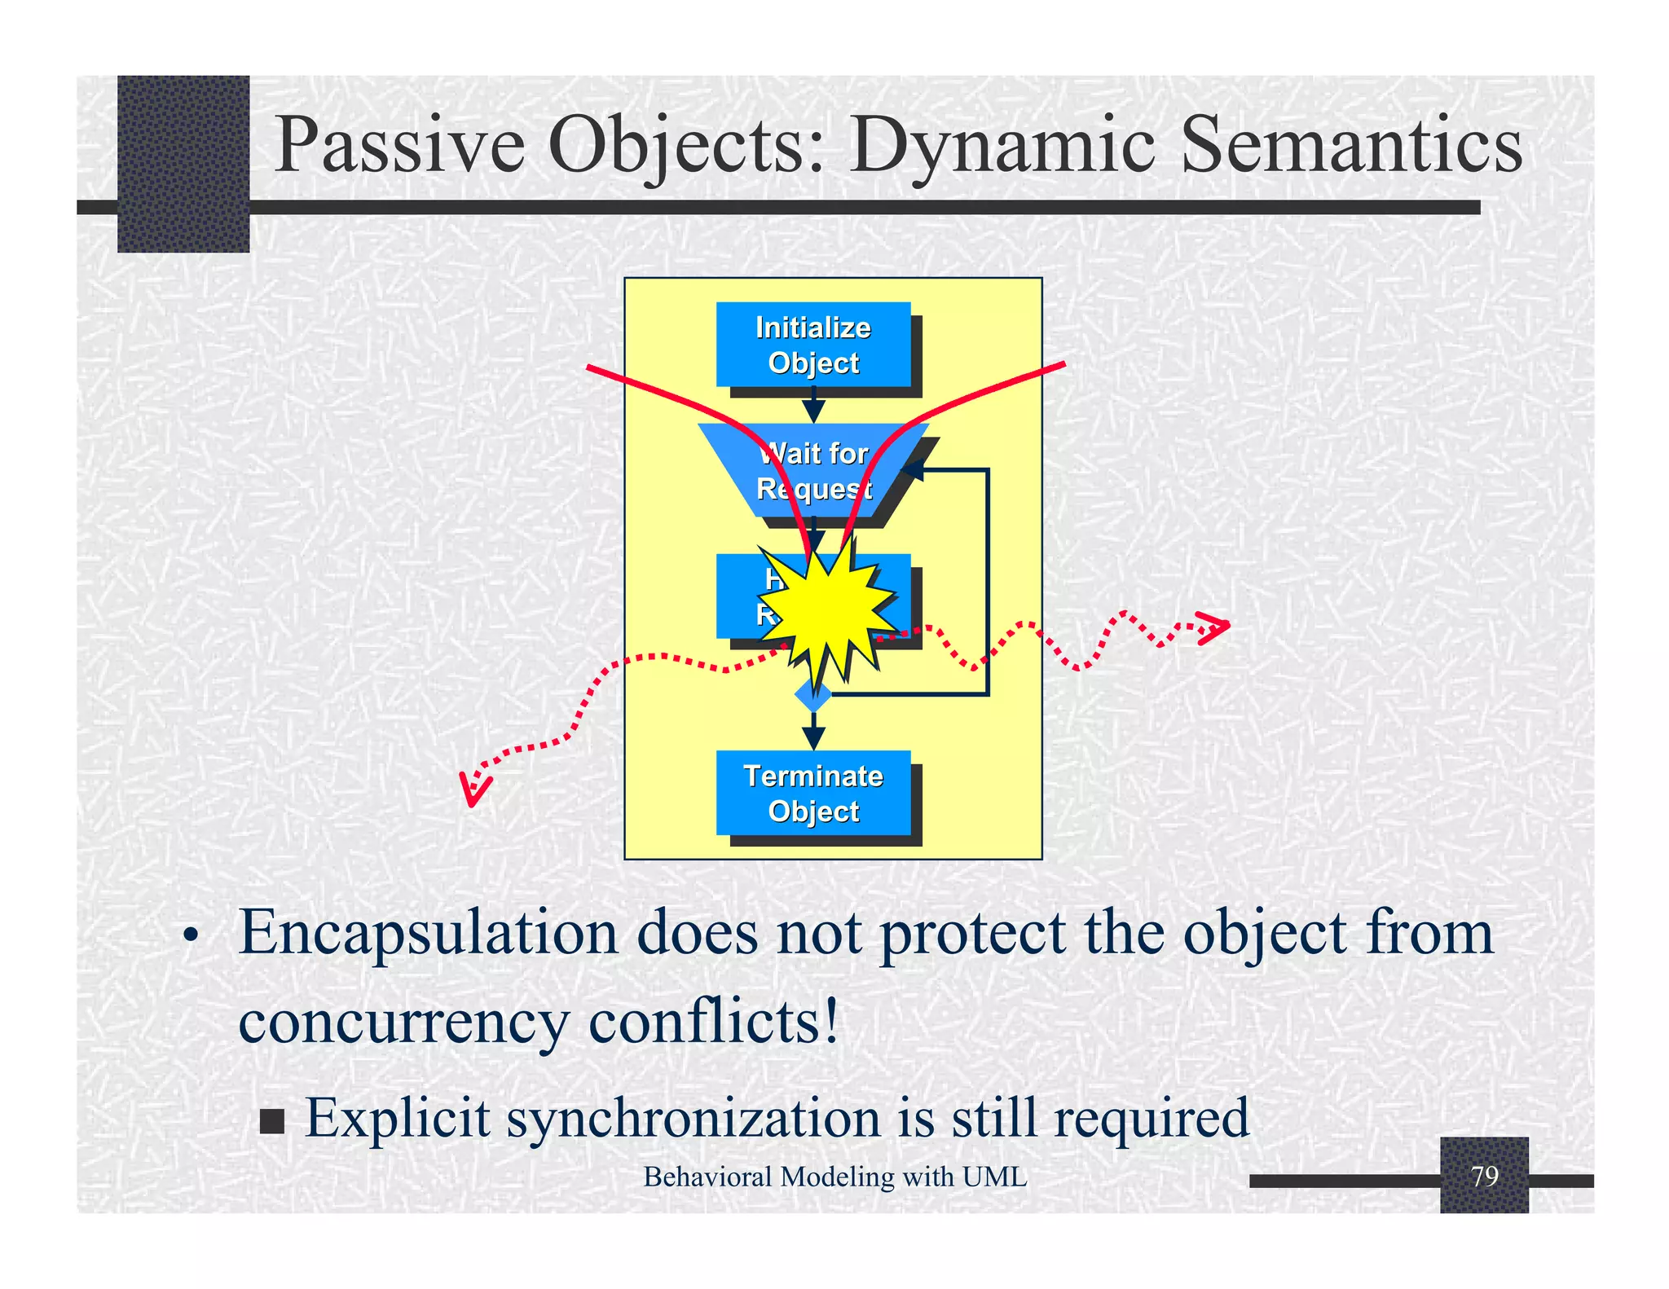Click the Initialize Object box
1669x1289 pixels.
[x=813, y=344]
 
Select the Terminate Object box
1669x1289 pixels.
[x=813, y=793]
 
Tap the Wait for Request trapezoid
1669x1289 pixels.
[x=813, y=470]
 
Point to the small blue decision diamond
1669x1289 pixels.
[x=813, y=695]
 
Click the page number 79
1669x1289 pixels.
[x=1484, y=1176]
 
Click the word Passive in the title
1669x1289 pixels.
[x=399, y=145]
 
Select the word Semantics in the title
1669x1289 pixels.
[x=1350, y=145]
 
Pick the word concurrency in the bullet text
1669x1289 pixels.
[x=403, y=1023]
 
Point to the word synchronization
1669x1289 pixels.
[x=693, y=1118]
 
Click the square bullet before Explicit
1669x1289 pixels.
[x=272, y=1121]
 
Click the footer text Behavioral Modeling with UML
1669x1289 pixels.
[x=834, y=1177]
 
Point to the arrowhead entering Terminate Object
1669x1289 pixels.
[x=813, y=738]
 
